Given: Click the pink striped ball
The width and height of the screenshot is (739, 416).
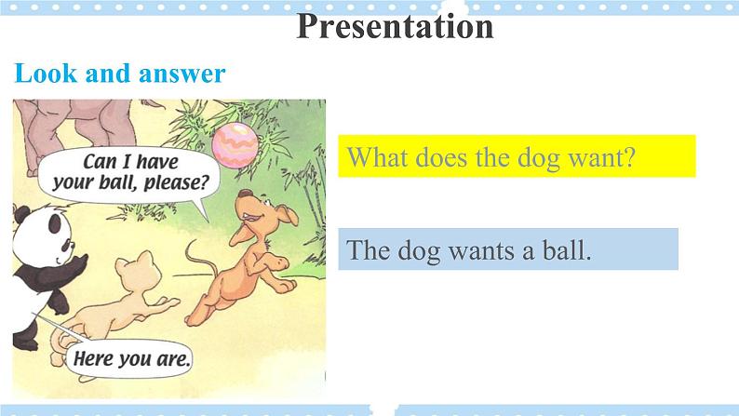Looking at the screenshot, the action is coord(235,145).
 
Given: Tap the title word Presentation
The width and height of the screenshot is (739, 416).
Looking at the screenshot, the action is coord(395,26).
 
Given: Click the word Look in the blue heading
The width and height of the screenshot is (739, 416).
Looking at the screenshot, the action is coord(46,74).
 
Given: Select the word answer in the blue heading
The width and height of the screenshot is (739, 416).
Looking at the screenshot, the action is coord(181,74).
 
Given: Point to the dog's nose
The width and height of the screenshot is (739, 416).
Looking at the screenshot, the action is coord(245,194).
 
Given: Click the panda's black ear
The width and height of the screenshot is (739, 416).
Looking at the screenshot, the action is coord(21,215).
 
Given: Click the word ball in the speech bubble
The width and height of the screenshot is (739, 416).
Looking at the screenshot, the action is coord(112,182).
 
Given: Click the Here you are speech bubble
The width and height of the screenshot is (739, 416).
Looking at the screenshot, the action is coord(128,358).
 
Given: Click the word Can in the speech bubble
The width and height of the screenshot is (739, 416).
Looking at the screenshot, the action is coord(100,162).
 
